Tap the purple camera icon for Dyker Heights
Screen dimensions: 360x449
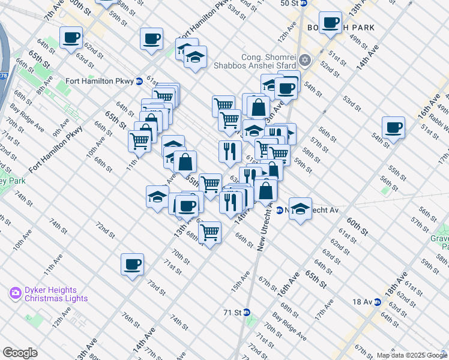tap(15, 293)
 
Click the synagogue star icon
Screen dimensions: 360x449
tap(305, 60)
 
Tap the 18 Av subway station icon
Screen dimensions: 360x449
tap(378, 302)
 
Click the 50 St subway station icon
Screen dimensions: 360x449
tap(304, 3)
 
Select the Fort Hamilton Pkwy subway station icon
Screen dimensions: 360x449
tap(139, 80)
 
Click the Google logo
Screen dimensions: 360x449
tap(20, 353)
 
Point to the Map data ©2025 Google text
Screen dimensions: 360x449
tap(411, 355)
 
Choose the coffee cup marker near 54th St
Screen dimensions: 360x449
tap(394, 127)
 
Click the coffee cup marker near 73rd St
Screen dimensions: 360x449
tap(132, 263)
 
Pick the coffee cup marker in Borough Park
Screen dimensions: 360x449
tap(330, 23)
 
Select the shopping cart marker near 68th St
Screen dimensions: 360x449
tap(209, 231)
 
